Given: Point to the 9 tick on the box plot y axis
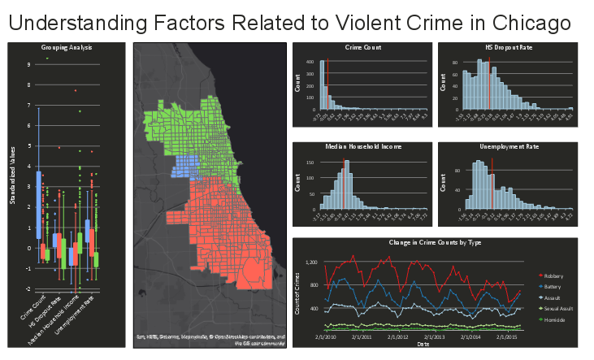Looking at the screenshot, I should coord(29,64).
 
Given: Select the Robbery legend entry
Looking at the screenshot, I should coord(553,276).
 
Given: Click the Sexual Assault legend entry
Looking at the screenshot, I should coord(558,310).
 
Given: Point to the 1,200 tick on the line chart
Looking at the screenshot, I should coord(310,262).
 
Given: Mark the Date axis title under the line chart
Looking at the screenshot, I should coord(423,344).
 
